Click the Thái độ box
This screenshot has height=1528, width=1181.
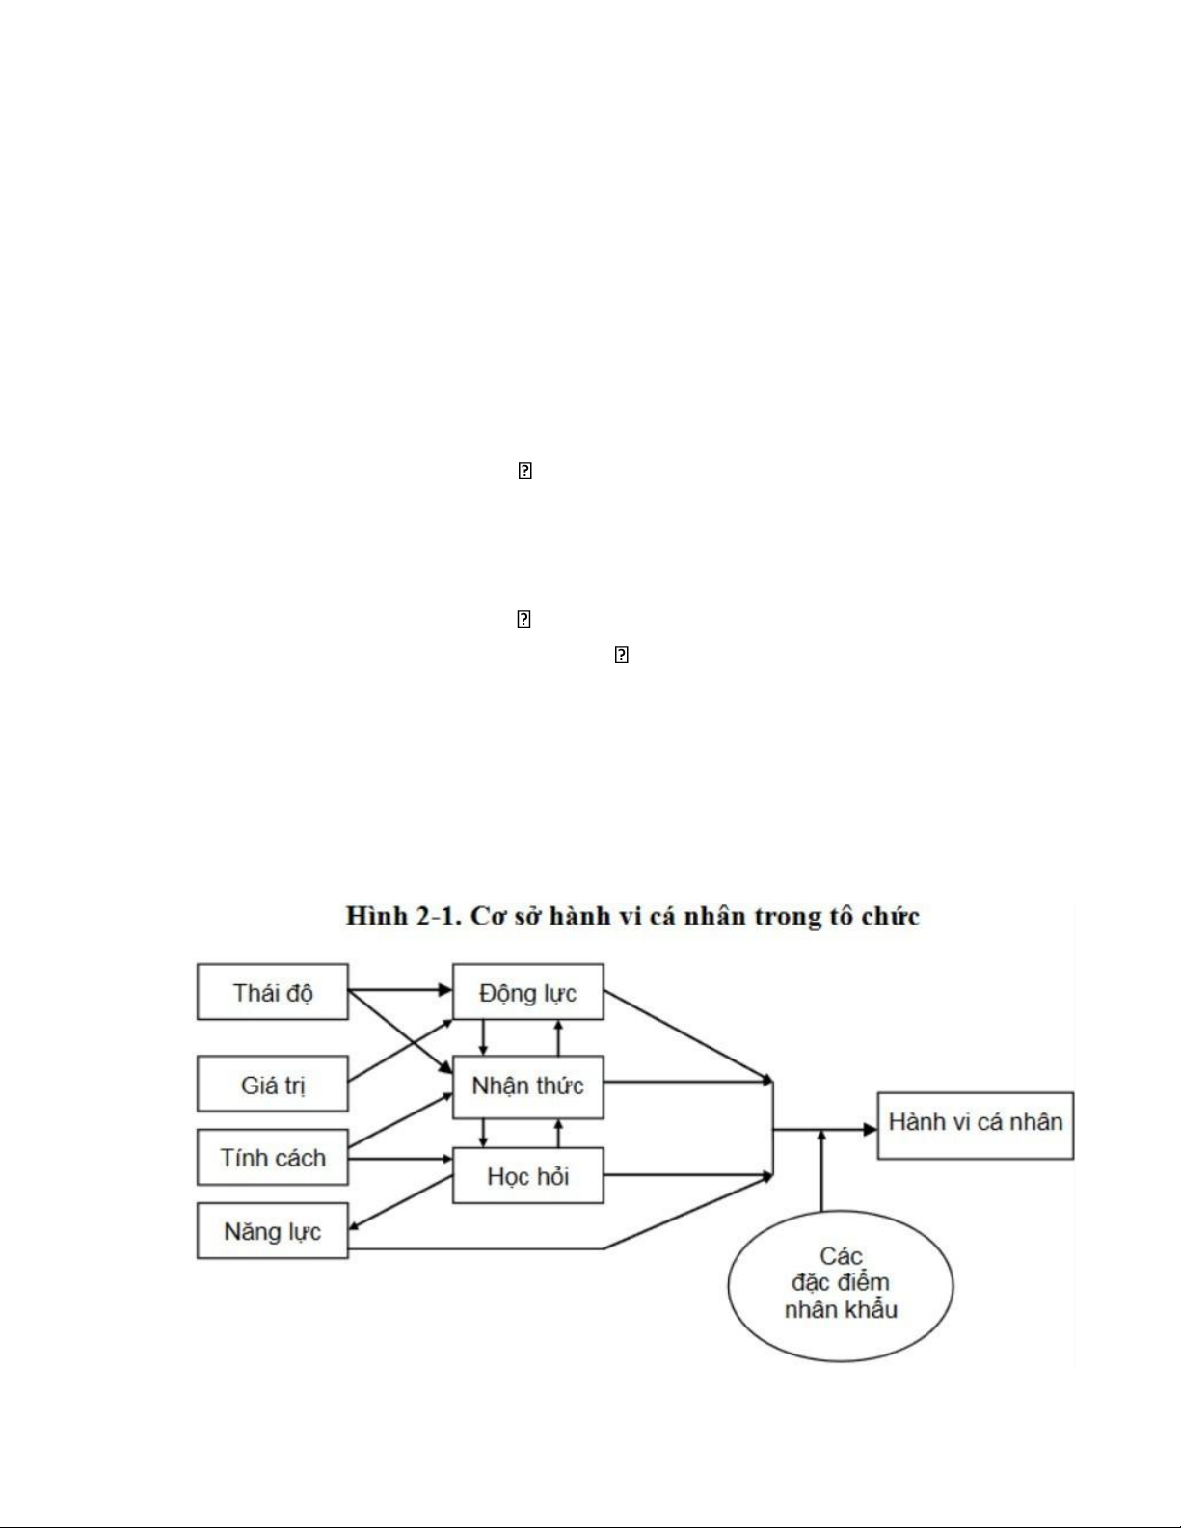point(272,992)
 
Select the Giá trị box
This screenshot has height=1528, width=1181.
point(272,1085)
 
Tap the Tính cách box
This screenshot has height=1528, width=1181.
point(272,1158)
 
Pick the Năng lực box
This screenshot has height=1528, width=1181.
point(272,1231)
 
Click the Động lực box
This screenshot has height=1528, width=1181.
point(527,992)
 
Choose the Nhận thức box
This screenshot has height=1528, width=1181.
point(527,1085)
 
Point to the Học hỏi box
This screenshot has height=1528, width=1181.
point(527,1175)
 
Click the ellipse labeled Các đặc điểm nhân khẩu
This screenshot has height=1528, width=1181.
point(840,1284)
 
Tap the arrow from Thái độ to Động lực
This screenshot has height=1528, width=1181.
point(400,989)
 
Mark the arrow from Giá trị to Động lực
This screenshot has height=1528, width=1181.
point(400,1049)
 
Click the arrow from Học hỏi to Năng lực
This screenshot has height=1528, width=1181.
point(400,1202)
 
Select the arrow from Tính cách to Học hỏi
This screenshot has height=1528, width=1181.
point(400,1159)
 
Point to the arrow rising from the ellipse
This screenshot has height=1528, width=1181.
point(822,1171)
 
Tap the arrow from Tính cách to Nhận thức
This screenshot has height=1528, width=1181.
point(400,1120)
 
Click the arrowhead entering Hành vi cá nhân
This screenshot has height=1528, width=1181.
point(870,1129)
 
